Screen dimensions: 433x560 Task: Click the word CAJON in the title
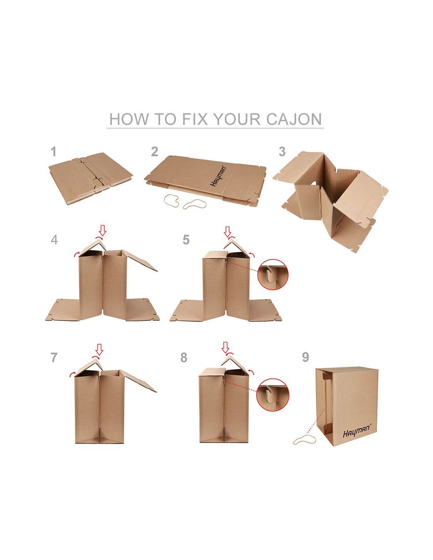pos(294,119)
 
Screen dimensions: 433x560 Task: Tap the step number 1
pos(53,152)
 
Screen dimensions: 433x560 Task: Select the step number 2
pos(155,152)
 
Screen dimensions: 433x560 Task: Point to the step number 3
pos(282,152)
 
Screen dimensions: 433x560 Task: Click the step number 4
pos(54,240)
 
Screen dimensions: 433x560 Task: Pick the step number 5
pos(186,240)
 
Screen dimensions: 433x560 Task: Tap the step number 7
pos(54,358)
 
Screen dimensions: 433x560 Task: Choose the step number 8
pos(184,358)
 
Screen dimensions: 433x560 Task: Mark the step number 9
pos(305,357)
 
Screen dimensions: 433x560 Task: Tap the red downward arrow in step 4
pos(103,230)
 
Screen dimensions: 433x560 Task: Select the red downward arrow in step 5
pos(227,232)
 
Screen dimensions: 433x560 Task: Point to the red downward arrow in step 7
pos(99,349)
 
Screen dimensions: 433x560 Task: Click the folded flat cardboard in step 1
pos(91,178)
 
